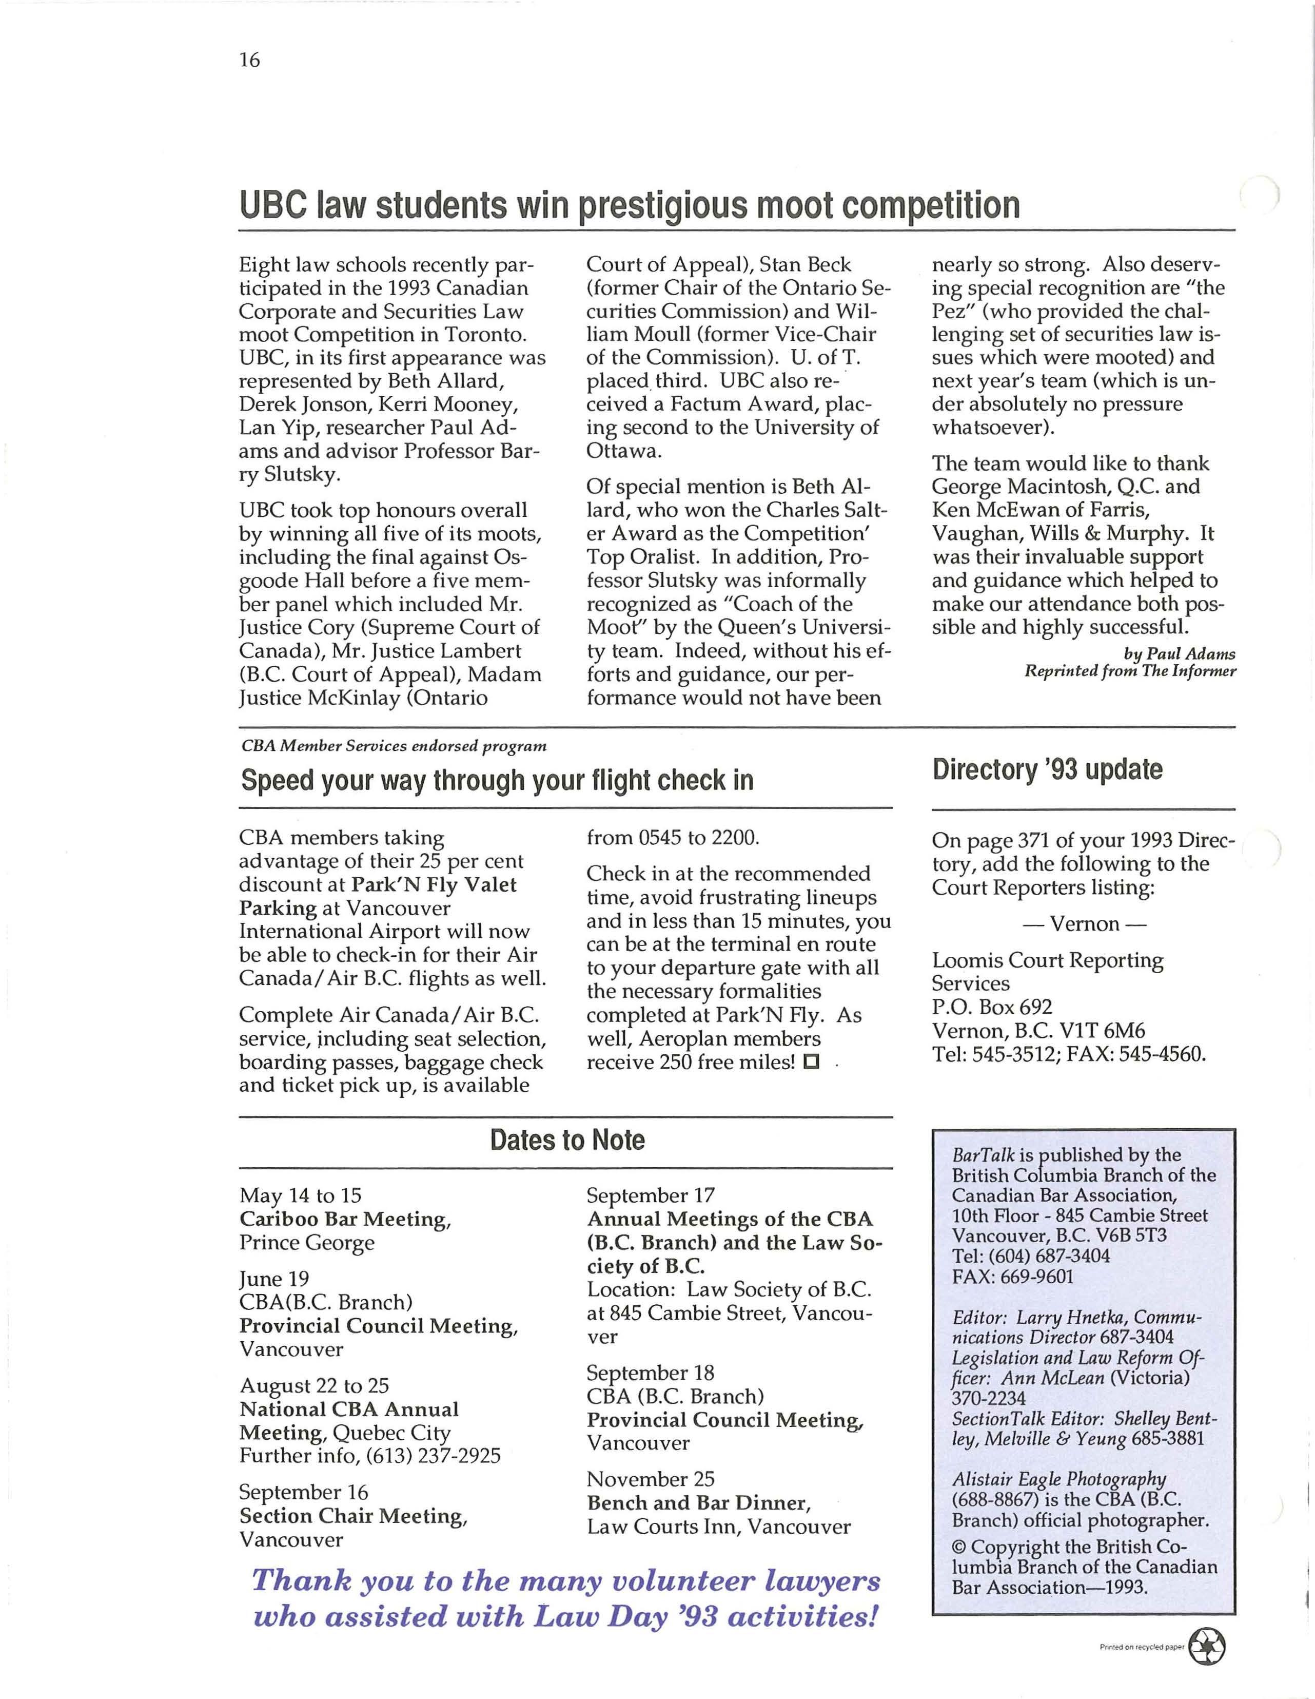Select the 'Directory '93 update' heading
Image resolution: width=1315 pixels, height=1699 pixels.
point(1047,769)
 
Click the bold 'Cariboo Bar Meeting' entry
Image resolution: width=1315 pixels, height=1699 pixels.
point(344,1219)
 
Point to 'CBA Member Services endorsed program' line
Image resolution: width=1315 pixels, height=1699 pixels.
point(394,746)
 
